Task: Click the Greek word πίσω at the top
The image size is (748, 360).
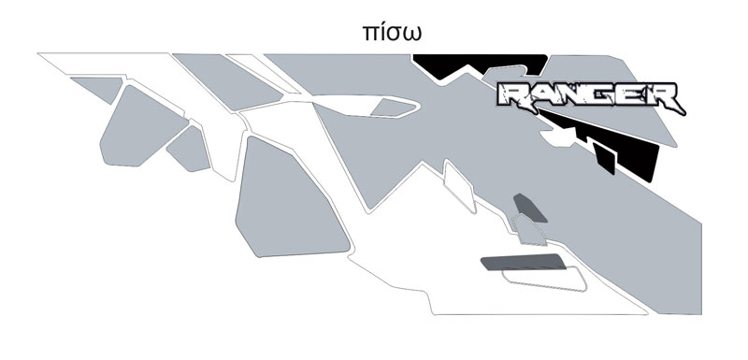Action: click(392, 33)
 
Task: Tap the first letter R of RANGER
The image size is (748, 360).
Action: click(512, 94)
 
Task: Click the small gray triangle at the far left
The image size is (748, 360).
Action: click(99, 89)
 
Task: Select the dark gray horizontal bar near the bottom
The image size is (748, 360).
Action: click(524, 262)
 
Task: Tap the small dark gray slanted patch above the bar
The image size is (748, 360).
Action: click(529, 208)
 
